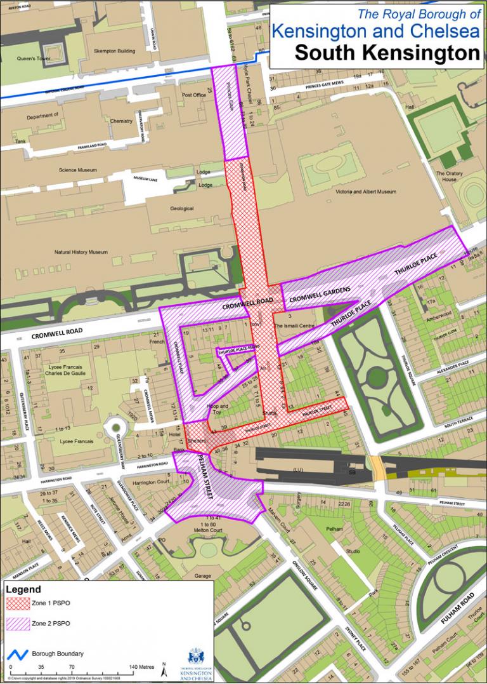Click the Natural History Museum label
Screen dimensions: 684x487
point(81,252)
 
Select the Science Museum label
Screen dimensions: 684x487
point(77,170)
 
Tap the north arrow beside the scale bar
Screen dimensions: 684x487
point(164,669)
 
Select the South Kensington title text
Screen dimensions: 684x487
point(386,53)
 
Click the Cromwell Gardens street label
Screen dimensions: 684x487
point(320,294)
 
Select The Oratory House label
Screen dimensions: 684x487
point(450,176)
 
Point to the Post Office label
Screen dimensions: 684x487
point(194,95)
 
